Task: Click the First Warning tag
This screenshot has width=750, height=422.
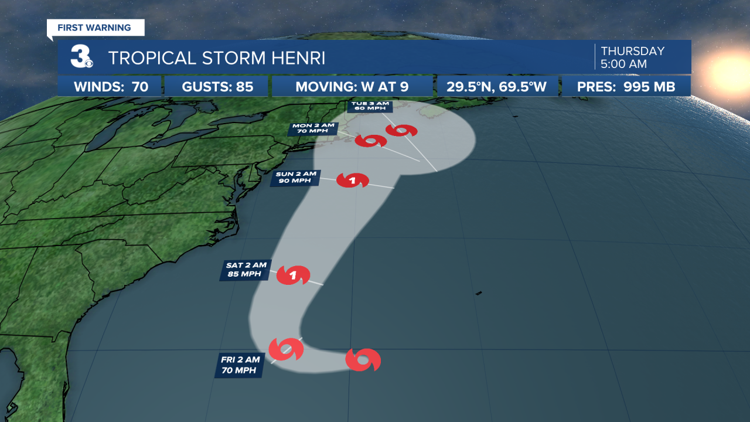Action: click(94, 28)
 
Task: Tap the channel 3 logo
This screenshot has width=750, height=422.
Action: click(80, 57)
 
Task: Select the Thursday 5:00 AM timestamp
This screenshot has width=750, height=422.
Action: click(632, 57)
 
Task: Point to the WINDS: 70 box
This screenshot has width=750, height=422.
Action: click(111, 87)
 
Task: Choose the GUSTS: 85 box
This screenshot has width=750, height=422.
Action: click(217, 87)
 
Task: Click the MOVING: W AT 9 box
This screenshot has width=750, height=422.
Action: click(352, 87)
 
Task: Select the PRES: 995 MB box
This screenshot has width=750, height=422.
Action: click(626, 87)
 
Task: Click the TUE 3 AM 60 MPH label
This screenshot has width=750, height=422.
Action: click(368, 106)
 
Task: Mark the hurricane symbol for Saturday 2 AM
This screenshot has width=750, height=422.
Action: click(292, 274)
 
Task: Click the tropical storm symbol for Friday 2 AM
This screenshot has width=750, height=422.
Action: click(286, 350)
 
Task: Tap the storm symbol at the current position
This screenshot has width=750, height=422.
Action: click(363, 359)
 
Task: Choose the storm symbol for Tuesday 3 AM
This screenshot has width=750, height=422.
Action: click(401, 131)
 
